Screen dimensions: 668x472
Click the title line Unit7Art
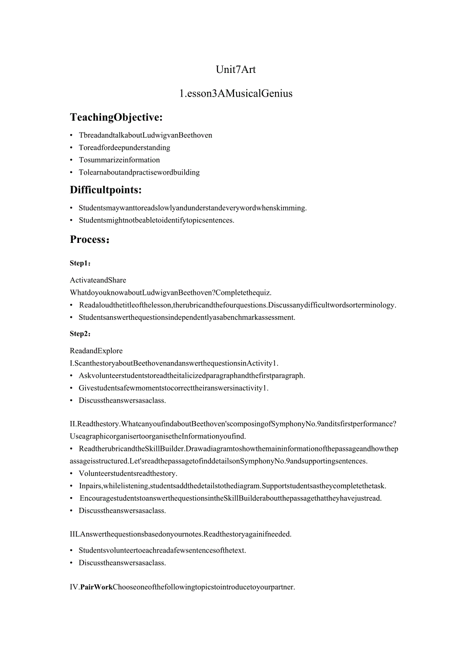[235, 69]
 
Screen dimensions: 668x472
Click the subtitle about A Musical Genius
[235, 93]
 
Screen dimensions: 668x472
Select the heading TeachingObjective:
[116, 118]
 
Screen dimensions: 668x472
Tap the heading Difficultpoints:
[106, 190]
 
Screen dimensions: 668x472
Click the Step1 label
[80, 263]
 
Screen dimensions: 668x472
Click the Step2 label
[80, 334]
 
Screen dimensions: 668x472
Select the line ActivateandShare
[98, 280]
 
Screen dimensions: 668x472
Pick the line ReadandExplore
[96, 351]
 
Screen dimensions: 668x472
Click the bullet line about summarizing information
[119, 160]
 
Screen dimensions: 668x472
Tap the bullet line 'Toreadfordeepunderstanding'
[124, 148]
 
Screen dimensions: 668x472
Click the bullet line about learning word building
[139, 173]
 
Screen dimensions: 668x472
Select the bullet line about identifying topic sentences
[156, 221]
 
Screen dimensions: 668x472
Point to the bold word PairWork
[96, 587]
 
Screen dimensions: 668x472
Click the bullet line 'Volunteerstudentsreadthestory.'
[128, 473]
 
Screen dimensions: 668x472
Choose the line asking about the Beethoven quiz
[171, 293]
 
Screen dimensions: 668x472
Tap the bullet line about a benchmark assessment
[187, 317]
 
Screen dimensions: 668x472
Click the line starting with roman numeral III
[181, 534]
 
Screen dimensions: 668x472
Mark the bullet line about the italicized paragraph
[191, 376]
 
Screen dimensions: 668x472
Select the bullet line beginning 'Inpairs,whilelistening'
[232, 486]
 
